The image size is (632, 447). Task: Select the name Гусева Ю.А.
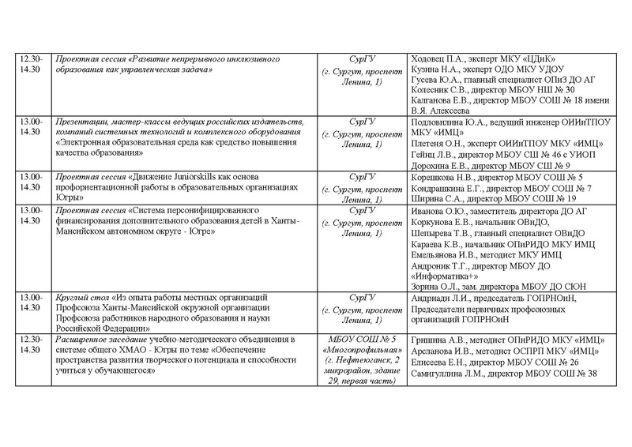tap(434, 80)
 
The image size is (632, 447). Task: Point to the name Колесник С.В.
tap(438, 90)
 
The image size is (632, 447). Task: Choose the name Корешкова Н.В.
tap(441, 177)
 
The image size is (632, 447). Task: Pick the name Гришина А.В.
tap(437, 340)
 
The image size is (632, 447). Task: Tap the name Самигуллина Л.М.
tap(446, 373)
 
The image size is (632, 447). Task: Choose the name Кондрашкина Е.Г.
tap(446, 188)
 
